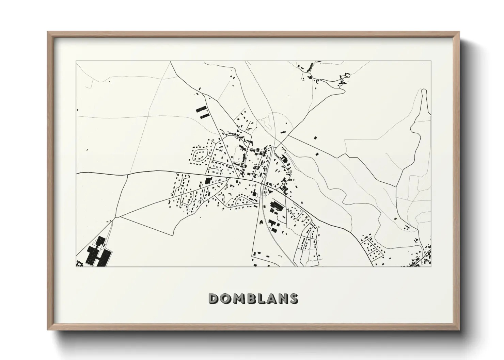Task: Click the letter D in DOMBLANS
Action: tap(214, 298)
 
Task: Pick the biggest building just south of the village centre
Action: tap(277, 206)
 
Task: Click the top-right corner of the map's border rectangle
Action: tap(431, 61)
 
